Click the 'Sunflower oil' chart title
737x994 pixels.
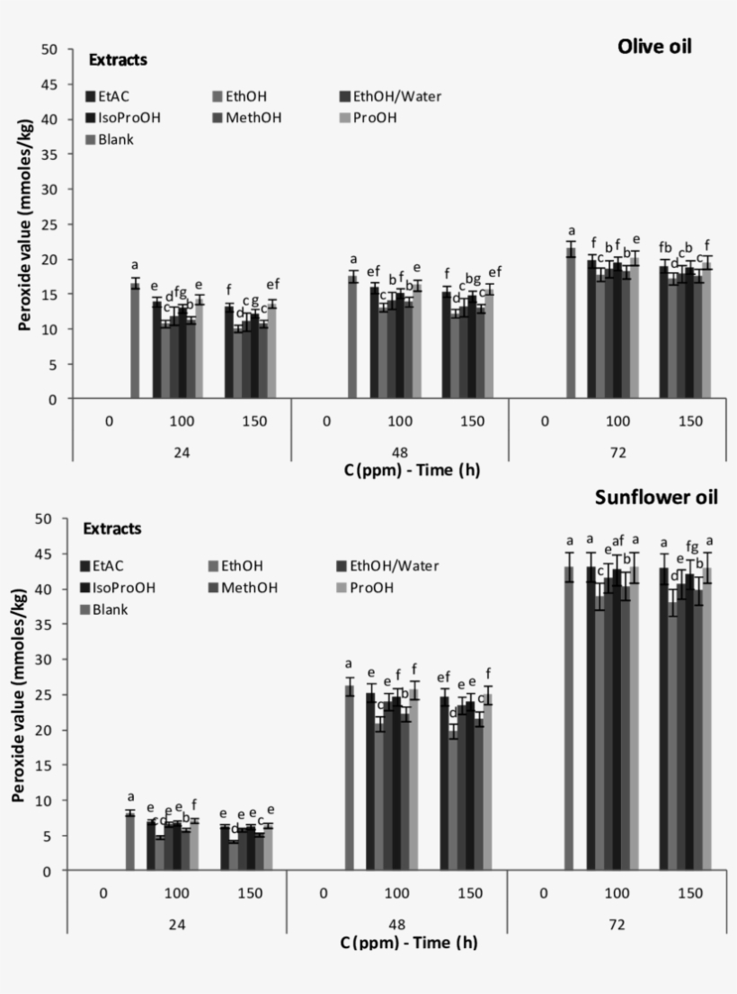tap(655, 497)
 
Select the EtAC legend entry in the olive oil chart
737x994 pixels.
tap(112, 96)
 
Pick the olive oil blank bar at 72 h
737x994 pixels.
tap(570, 324)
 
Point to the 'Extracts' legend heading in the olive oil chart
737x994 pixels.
tap(118, 60)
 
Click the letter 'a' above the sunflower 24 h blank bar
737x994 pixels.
tap(130, 796)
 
